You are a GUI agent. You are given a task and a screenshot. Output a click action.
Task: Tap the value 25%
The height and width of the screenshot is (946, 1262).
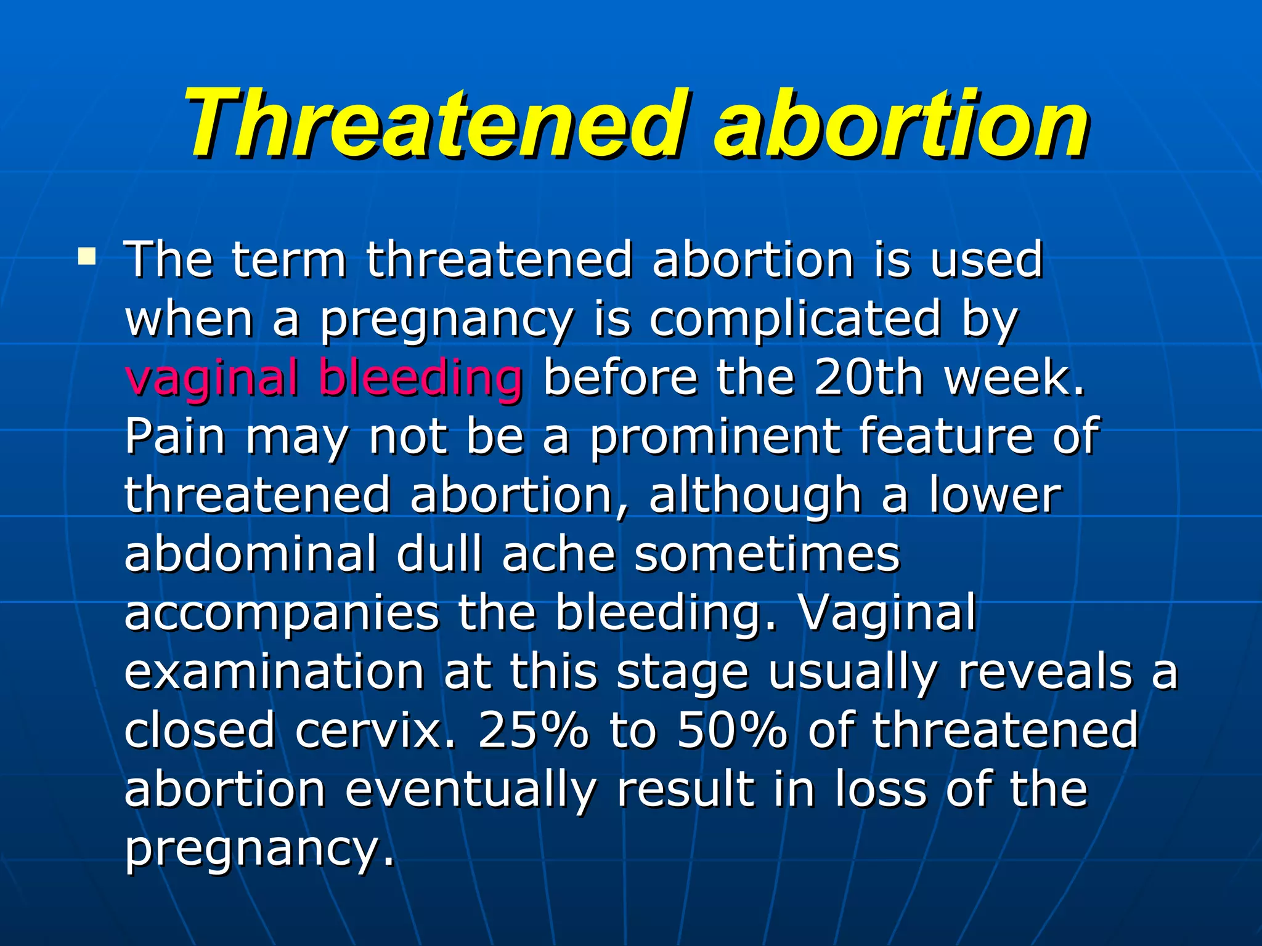533,730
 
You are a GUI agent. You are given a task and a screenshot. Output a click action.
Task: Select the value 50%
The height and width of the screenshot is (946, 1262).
732,730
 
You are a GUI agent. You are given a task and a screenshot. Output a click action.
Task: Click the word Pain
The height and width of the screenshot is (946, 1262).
176,435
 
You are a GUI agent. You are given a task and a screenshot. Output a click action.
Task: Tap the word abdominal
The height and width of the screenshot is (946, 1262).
250,553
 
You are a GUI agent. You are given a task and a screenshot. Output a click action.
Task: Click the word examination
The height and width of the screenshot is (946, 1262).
274,671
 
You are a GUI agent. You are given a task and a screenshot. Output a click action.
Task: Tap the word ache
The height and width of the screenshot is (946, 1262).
558,553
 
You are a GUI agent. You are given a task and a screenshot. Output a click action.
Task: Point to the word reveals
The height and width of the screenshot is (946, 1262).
1044,671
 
